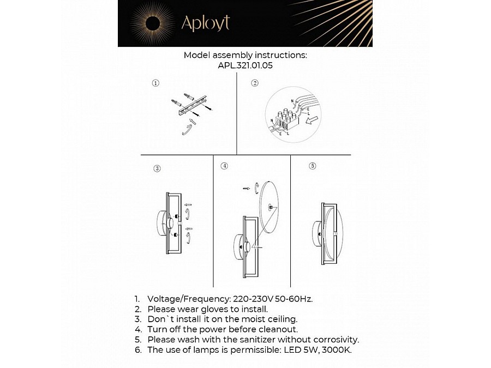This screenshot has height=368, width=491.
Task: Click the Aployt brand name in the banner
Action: click(205, 23)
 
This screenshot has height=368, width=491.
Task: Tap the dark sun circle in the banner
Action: click(152, 23)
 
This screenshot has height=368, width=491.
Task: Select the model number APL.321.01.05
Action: click(245, 65)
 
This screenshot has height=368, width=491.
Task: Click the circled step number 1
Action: click(155, 83)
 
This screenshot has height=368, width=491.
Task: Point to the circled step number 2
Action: click(254, 83)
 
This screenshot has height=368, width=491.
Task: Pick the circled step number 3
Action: click(157, 169)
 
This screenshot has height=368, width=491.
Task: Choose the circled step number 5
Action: click(312, 166)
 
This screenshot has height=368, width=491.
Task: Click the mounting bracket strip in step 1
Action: click(193, 105)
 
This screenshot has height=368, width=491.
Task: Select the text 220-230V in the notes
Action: click(250, 299)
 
